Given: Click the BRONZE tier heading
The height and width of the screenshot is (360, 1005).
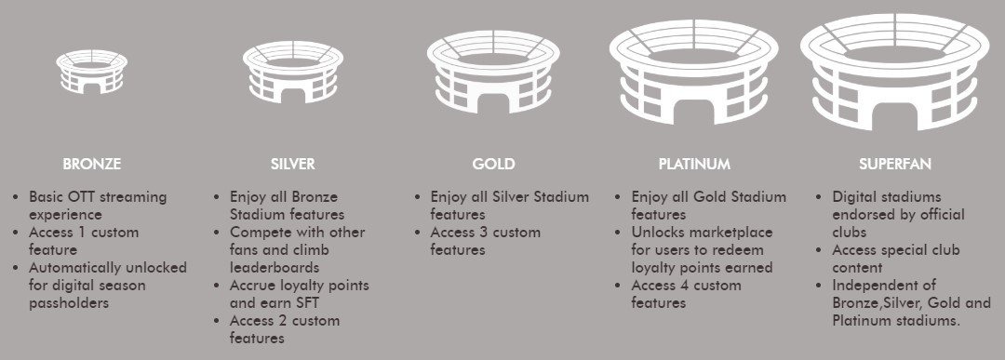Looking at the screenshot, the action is coord(91,164).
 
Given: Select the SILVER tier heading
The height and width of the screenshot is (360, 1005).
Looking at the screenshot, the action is coord(293,164).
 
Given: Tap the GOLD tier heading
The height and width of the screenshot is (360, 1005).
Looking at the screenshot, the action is coord(493,164).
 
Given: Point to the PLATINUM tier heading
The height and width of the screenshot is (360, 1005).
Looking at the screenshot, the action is coord(694,164).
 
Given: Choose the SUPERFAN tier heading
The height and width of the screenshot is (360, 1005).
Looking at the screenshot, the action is coord(895,164).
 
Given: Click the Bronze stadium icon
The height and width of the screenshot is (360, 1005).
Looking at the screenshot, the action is coord(91,72).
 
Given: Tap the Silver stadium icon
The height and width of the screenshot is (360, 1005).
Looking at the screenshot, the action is coord(293,71).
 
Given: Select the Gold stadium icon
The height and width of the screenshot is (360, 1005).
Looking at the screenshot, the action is coord(493,71).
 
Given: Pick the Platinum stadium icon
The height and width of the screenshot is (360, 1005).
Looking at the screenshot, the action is coord(694,71).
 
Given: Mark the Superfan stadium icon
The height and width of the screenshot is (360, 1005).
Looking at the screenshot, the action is coord(895,71).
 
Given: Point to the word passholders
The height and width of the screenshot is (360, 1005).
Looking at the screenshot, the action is coord(69,303).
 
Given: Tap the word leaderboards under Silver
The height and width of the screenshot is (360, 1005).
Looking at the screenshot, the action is coord(275,268).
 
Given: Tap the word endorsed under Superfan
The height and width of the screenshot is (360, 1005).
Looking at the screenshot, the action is coord(861,215).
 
